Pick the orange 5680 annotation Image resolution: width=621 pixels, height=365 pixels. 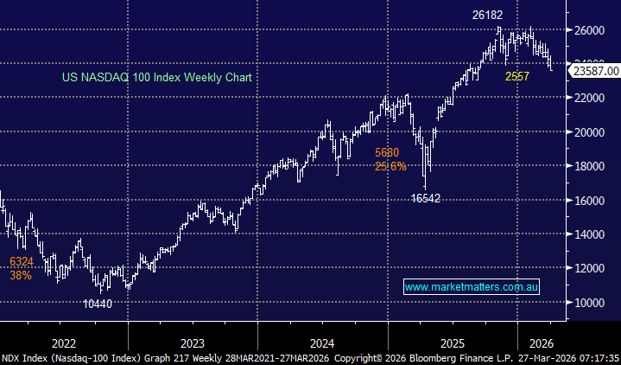[x=387, y=153]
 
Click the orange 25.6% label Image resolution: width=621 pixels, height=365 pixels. [x=390, y=166]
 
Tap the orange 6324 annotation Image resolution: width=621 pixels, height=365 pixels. [x=22, y=260]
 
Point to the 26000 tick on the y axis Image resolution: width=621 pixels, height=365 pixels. [x=591, y=30]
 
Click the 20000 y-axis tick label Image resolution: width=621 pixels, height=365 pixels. [x=591, y=132]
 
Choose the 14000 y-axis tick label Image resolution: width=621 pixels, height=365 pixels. [x=591, y=234]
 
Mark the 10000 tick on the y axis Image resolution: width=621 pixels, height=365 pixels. [x=591, y=303]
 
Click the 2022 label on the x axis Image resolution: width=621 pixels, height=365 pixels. [x=64, y=342]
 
